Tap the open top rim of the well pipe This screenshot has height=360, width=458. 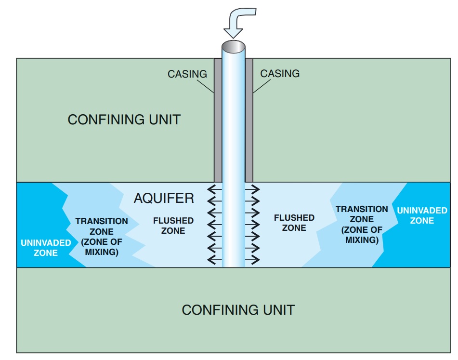click(234, 48)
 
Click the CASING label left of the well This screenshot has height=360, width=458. click(187, 74)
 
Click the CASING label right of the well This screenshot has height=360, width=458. click(280, 74)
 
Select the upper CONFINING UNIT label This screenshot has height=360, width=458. click(124, 120)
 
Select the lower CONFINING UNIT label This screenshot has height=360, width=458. click(238, 309)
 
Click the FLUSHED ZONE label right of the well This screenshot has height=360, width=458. click(294, 223)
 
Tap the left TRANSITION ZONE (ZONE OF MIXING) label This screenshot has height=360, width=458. click(102, 236)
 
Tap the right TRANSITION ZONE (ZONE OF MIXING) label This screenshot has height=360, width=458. click(362, 224)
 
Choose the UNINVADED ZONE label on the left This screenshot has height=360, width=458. click(46, 248)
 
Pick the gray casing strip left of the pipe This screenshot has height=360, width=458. click(218, 120)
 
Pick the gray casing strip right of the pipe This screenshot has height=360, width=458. click(249, 120)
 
